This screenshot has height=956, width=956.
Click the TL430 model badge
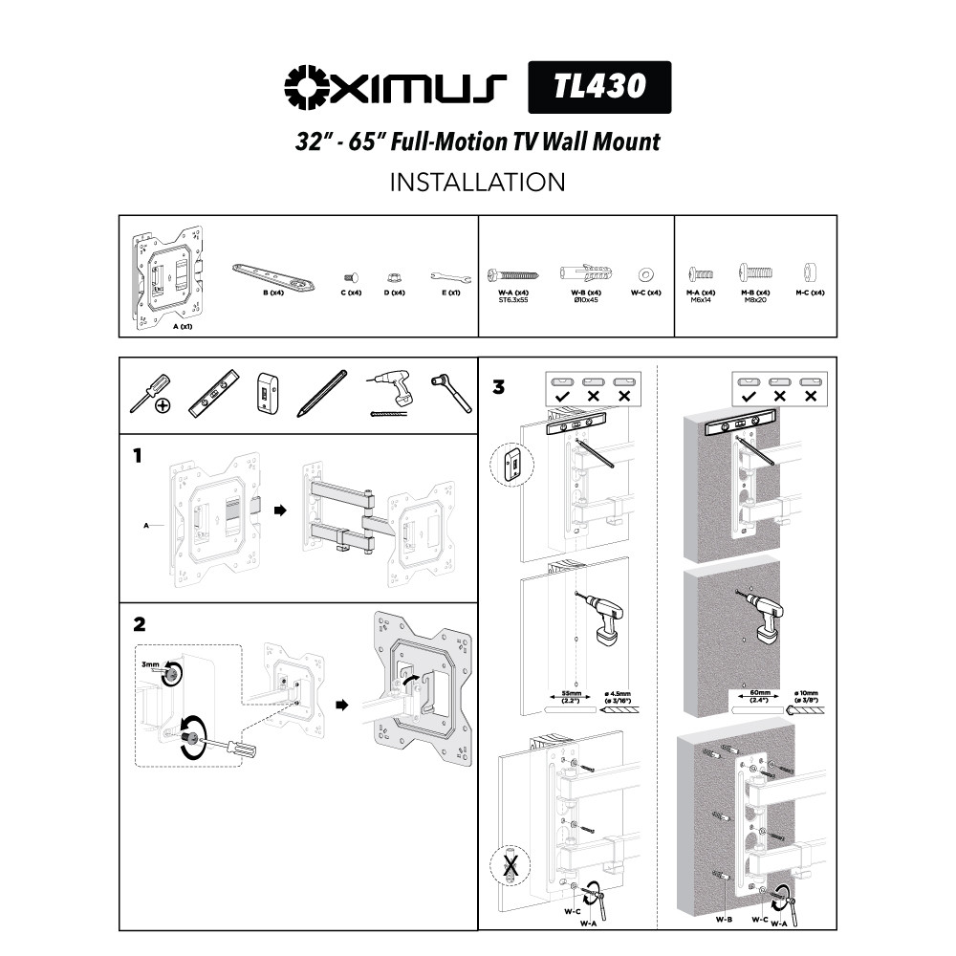click(x=599, y=87)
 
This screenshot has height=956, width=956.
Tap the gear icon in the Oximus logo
click(x=307, y=87)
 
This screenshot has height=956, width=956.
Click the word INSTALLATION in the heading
click(x=477, y=182)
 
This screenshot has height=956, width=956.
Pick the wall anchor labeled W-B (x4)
click(x=586, y=273)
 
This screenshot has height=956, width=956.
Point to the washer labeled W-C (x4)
click(x=645, y=273)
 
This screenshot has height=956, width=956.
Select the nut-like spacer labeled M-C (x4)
click(x=810, y=273)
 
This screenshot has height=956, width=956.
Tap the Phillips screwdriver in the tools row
click(x=151, y=393)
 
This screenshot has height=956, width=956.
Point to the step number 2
click(x=140, y=624)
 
